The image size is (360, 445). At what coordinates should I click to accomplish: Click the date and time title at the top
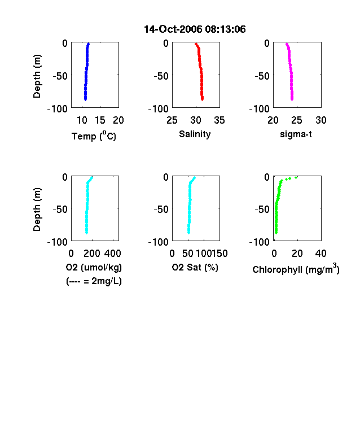point(195,29)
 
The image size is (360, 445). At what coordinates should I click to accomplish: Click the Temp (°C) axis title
point(94,136)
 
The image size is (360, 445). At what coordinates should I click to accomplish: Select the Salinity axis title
point(195,134)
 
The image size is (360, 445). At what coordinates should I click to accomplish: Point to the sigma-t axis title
point(296,134)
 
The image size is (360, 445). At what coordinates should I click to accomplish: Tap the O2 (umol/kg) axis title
point(94,267)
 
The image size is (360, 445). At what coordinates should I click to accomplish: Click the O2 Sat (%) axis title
point(195,267)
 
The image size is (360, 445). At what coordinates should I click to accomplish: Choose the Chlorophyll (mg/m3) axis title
point(296,268)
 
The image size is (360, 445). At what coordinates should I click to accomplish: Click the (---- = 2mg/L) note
point(94,281)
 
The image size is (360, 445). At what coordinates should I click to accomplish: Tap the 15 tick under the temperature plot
point(100,120)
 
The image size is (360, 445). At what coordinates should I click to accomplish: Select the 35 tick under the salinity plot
point(219,120)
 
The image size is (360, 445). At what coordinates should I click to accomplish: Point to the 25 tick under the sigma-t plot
point(296,120)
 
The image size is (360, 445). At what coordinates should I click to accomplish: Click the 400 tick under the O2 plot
point(112,254)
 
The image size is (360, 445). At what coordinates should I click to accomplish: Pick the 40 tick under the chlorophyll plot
point(321,254)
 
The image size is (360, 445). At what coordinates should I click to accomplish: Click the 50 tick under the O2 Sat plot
point(188,254)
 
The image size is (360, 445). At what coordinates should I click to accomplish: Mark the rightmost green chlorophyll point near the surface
point(296,178)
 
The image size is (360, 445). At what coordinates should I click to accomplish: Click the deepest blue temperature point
point(85,99)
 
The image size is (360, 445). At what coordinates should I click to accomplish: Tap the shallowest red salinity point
point(196,44)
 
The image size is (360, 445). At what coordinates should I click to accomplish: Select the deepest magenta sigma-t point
point(292,99)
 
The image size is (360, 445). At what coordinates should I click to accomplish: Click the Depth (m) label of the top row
point(37,76)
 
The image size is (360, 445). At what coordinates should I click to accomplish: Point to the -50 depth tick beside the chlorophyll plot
point(262,210)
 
